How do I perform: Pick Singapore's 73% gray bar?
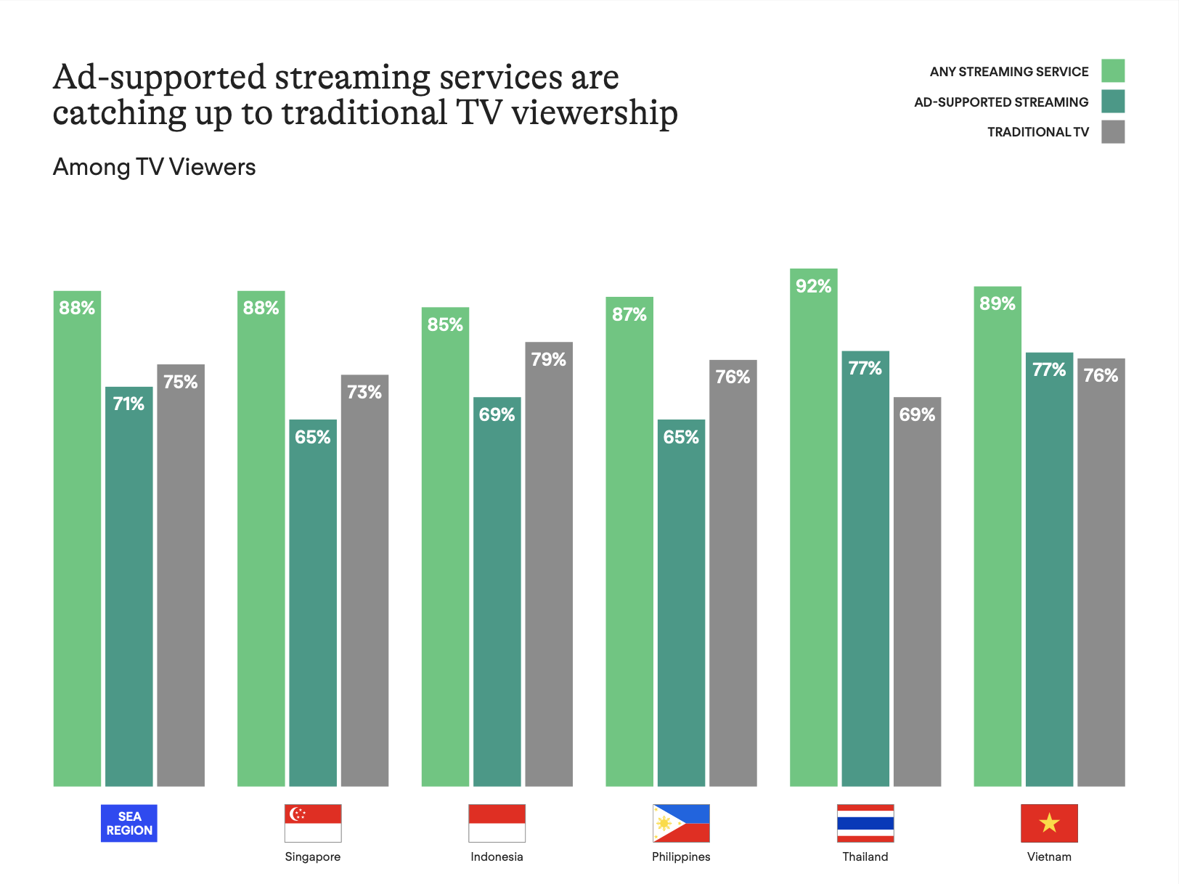[x=364, y=581]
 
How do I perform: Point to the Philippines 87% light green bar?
[x=629, y=541]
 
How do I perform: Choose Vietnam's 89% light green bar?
[x=998, y=536]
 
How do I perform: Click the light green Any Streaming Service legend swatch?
[x=1112, y=71]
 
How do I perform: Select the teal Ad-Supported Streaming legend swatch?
[x=1112, y=102]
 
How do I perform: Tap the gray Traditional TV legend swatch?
[x=1112, y=132]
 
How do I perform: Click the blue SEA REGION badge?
[x=129, y=823]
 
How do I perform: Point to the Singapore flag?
[x=313, y=823]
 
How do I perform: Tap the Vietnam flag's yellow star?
[x=1049, y=823]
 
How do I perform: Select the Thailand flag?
[x=865, y=823]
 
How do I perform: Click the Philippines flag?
[x=681, y=823]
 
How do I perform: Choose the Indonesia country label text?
[x=497, y=856]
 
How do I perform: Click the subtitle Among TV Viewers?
[x=154, y=168]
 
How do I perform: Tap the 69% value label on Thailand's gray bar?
[x=917, y=414]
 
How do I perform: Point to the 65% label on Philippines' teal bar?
[x=681, y=437]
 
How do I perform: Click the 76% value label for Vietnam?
[x=1101, y=375]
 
